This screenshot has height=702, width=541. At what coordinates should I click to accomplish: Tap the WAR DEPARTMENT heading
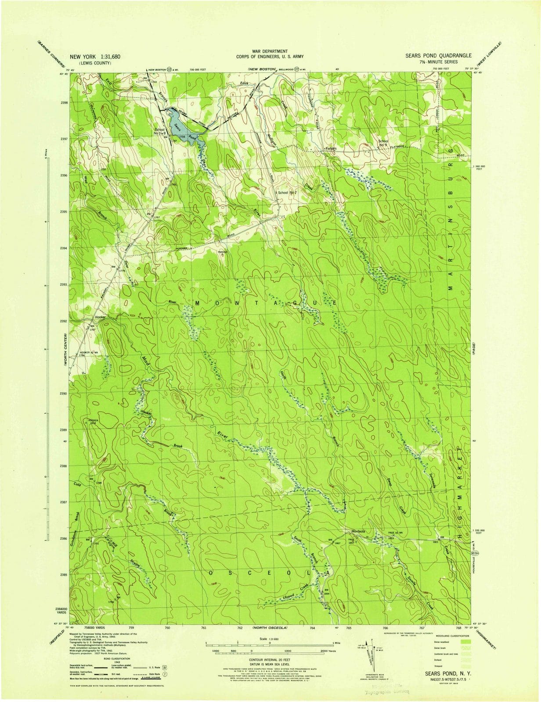(x=270, y=51)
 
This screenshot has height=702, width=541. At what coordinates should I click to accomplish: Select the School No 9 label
(x=383, y=143)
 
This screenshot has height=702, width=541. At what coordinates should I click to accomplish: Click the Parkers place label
(x=330, y=148)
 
